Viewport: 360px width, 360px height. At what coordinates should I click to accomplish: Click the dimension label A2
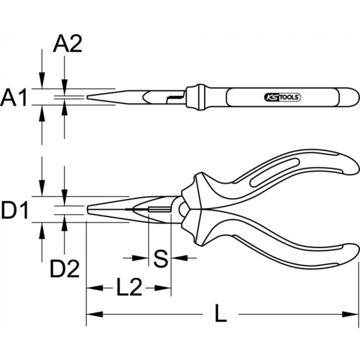coord(68,45)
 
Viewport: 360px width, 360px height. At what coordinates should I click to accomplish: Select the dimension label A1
coord(14,98)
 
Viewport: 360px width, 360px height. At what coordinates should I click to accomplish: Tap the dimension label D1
coord(15,211)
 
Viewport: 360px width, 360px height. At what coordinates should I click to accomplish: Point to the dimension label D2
coord(64,269)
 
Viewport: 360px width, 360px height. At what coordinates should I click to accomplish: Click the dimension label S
coord(160,258)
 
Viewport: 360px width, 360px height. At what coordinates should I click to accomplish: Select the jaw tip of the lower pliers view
coord(88,210)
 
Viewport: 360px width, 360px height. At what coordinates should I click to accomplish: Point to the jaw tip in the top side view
coord(88,97)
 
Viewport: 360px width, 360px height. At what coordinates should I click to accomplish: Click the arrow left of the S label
coord(140,258)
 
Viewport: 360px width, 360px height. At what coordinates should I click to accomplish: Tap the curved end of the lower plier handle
coord(351,254)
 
